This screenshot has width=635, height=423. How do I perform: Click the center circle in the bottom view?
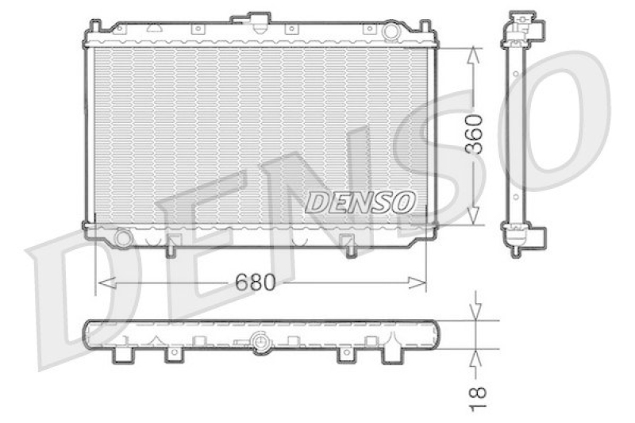pyautogui.click(x=259, y=342)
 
